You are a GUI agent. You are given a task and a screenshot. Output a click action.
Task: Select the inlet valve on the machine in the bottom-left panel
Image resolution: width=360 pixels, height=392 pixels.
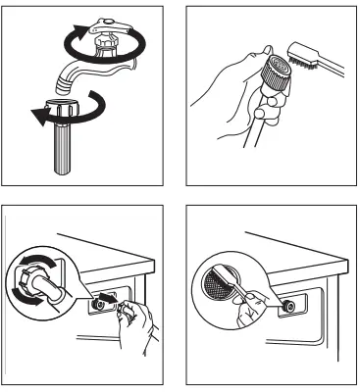[x=96, y=305]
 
